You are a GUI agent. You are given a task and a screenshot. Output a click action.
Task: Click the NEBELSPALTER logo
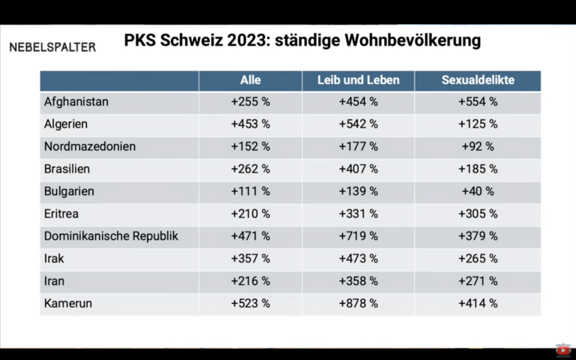(52, 47)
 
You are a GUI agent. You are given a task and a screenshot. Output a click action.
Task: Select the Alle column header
(250, 80)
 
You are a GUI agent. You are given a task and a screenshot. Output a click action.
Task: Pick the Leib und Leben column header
(358, 80)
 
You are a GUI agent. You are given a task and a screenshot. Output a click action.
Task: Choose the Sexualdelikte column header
(477, 80)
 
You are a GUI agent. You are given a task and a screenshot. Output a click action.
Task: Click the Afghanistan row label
(76, 102)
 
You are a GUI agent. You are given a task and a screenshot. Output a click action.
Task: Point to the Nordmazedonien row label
(90, 146)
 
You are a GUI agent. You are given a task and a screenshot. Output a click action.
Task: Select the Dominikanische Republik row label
(111, 236)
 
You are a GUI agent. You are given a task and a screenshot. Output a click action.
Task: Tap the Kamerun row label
(68, 304)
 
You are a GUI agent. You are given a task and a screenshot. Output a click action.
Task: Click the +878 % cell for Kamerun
(358, 304)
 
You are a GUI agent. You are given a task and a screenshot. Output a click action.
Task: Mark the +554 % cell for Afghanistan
(478, 102)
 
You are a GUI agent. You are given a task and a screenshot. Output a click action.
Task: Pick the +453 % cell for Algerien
(250, 124)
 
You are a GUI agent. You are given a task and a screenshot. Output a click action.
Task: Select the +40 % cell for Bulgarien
(478, 191)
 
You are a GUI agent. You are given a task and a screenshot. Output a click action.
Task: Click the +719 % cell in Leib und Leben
(358, 236)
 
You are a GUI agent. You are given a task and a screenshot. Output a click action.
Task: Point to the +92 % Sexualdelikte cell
(478, 146)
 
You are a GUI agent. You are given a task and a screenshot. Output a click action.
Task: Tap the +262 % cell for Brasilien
(250, 169)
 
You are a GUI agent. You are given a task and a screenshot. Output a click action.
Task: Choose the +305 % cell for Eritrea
(478, 214)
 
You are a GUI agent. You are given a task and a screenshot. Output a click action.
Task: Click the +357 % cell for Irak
(250, 259)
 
